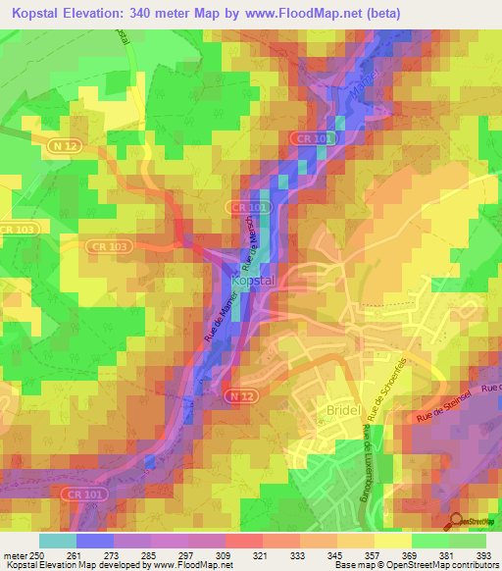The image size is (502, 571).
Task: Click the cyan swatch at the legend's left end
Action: tap(58, 541)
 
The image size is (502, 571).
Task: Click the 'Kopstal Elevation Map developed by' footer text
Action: tap(75, 564)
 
